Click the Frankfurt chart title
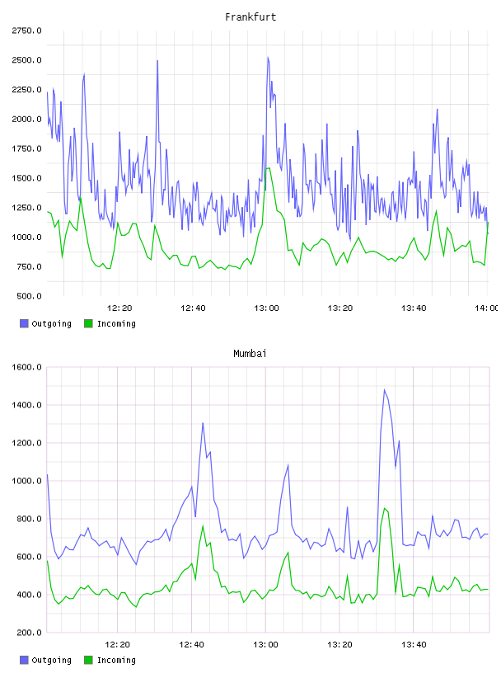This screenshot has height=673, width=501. point(250,17)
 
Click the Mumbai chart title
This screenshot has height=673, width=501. point(250,354)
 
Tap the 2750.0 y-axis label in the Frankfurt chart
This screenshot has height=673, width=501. point(26,31)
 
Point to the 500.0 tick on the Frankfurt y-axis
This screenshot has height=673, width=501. point(29,296)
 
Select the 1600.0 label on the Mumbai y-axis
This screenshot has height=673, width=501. point(26,367)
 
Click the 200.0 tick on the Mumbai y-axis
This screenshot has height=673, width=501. point(29,633)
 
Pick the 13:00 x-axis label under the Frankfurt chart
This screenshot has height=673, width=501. point(266,308)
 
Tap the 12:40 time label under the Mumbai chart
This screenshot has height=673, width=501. point(191,645)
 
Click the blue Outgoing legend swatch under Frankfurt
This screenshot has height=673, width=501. point(24,323)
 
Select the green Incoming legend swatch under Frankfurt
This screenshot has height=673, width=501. point(88,323)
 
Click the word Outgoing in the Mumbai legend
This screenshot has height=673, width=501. point(51,660)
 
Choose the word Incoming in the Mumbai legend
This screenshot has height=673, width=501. point(116,660)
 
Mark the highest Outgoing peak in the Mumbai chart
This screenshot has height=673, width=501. point(384,390)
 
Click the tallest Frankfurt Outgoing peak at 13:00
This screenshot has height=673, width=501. point(268,57)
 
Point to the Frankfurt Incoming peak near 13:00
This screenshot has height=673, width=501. point(269,167)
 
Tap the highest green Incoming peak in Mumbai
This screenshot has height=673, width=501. point(385,509)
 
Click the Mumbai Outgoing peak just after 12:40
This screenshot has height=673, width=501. point(203,423)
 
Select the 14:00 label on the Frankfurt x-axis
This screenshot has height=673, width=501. point(486,308)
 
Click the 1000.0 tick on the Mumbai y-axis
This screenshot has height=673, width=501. point(26,481)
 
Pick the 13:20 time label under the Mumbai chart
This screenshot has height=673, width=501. point(339,645)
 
